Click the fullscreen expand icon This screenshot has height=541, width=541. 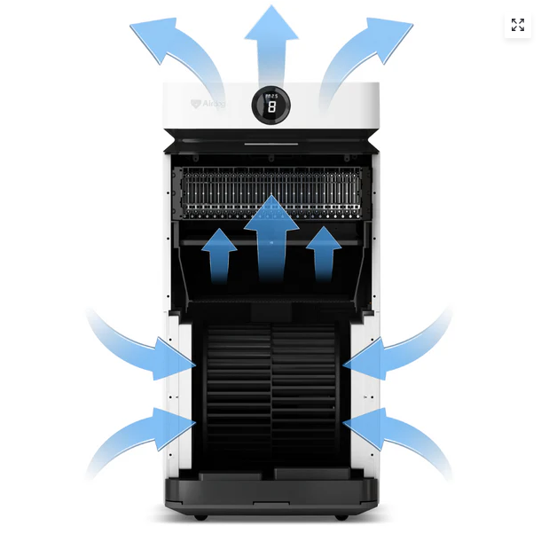point(518,25)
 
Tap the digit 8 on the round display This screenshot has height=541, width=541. point(271,108)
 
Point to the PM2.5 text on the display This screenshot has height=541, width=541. point(271,96)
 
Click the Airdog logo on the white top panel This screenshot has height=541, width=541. point(208,104)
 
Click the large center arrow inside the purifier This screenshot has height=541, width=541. point(271,239)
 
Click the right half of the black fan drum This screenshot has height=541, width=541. point(306,390)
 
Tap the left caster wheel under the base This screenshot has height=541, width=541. point(201,516)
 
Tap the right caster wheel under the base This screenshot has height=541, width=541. point(340,516)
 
